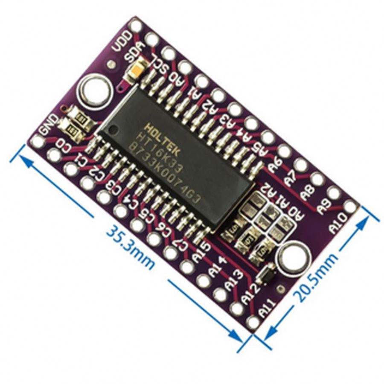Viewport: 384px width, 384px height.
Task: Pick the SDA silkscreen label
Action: click(x=135, y=54)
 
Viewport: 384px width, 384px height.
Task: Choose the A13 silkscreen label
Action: click(x=234, y=282)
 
